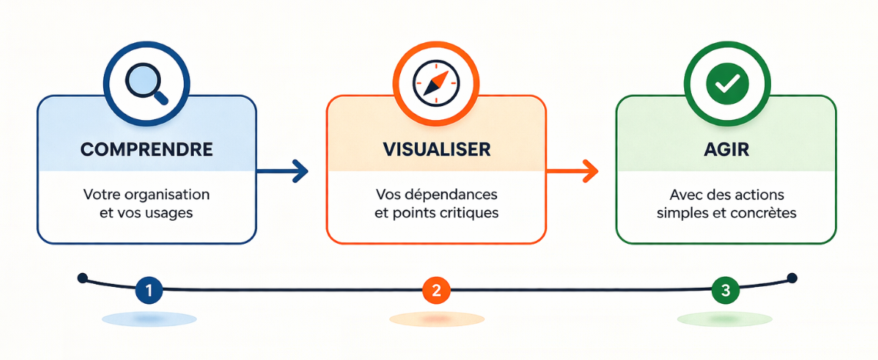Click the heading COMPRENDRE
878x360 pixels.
(146, 149)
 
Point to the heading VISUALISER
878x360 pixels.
(436, 149)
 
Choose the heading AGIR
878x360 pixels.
(726, 149)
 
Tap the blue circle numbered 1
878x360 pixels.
(149, 291)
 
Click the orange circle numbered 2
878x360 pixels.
(436, 291)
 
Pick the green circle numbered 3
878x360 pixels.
(725, 291)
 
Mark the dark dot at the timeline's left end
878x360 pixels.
(83, 278)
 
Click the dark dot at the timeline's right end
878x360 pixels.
(792, 278)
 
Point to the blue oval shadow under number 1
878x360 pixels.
(149, 318)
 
